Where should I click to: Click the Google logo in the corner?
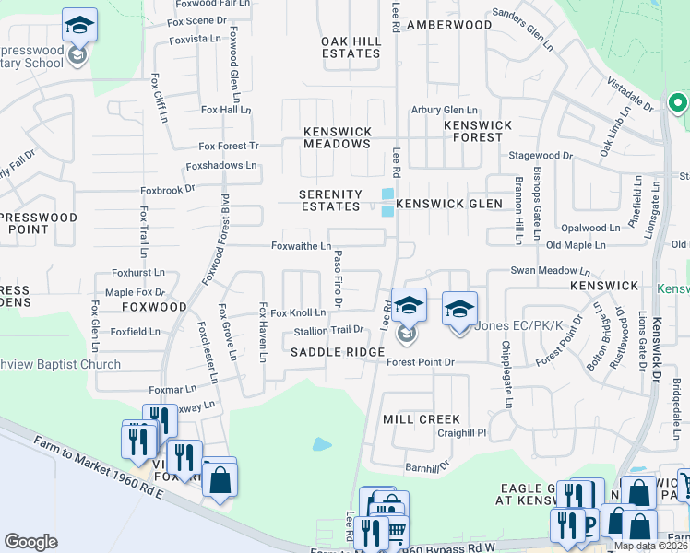pyautogui.click(x=31, y=541)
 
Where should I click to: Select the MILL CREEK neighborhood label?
pyautogui.click(x=421, y=419)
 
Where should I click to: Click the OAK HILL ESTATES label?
pyautogui.click(x=351, y=47)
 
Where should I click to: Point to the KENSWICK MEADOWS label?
pyautogui.click(x=338, y=137)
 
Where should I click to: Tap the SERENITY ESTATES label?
pyautogui.click(x=330, y=201)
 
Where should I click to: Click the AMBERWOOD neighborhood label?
pyautogui.click(x=449, y=25)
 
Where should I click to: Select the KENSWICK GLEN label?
pyautogui.click(x=449, y=204)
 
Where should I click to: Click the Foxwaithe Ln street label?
pyautogui.click(x=301, y=246)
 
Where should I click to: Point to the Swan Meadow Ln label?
pyautogui.click(x=551, y=271)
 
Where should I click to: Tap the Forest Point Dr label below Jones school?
pyautogui.click(x=421, y=363)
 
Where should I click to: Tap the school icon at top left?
pyautogui.click(x=80, y=28)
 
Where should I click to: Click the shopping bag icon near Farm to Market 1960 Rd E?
pyautogui.click(x=220, y=479)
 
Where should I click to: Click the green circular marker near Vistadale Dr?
pyautogui.click(x=678, y=103)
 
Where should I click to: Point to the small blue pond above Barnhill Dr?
pyautogui.click(x=322, y=444)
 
